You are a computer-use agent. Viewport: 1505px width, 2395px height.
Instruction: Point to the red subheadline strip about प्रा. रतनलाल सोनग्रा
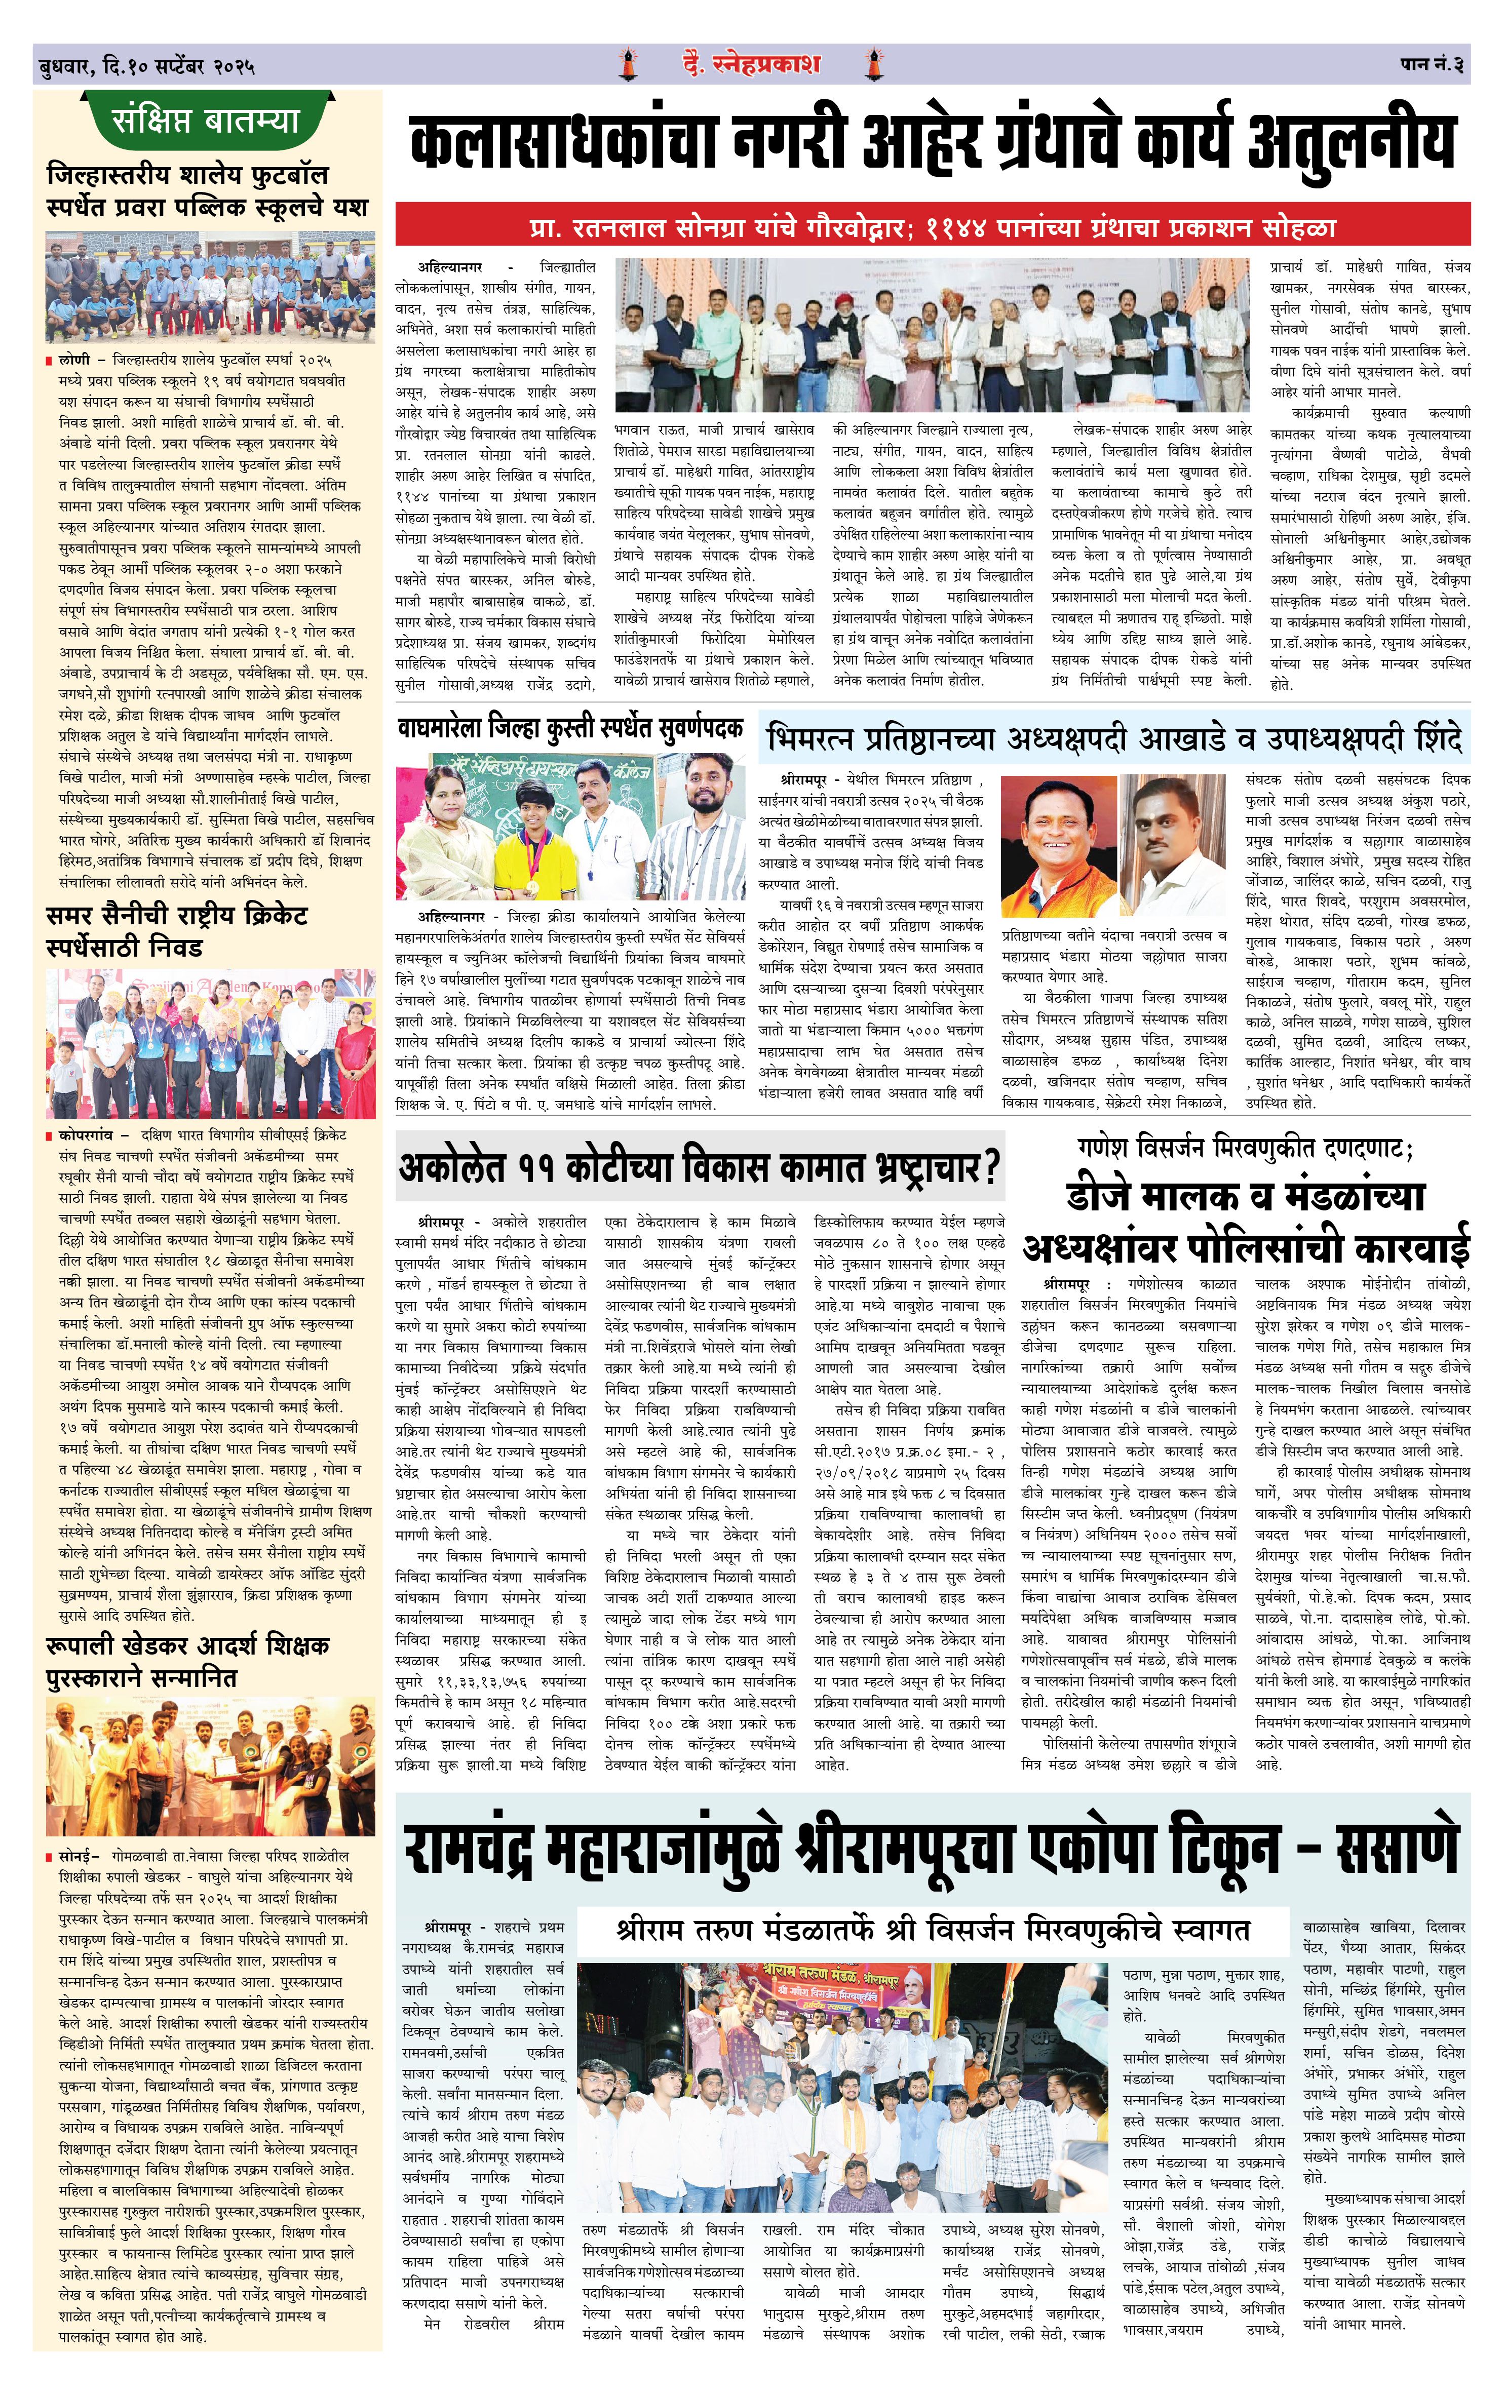tap(932, 228)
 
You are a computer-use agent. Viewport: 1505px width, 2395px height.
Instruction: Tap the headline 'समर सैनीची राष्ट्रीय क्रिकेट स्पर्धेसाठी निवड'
tap(179, 931)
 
